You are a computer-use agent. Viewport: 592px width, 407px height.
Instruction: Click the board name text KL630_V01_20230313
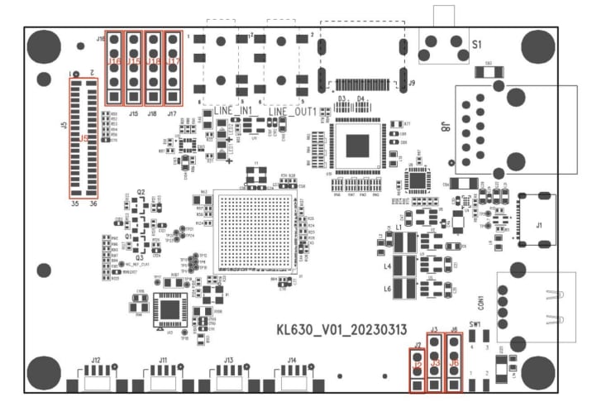click(x=341, y=329)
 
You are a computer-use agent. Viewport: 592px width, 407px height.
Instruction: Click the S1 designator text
click(x=477, y=46)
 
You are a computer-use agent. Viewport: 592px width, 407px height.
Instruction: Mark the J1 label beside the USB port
click(x=539, y=224)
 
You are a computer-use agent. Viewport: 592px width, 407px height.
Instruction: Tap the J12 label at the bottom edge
click(x=96, y=360)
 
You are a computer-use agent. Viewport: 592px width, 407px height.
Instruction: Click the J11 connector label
click(x=162, y=360)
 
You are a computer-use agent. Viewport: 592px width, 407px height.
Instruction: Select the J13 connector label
click(x=228, y=360)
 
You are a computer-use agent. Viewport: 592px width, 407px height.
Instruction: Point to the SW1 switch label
click(x=475, y=324)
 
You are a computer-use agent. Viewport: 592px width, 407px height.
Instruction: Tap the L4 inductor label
click(x=387, y=266)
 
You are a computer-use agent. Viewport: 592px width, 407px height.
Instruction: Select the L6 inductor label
click(x=387, y=289)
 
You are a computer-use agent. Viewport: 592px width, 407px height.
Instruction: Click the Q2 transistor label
click(x=141, y=192)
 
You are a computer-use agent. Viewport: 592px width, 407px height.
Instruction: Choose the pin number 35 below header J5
click(x=74, y=203)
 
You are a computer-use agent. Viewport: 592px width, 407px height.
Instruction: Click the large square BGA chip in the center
click(x=254, y=231)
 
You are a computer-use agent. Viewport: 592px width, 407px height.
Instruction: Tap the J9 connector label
click(x=412, y=82)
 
